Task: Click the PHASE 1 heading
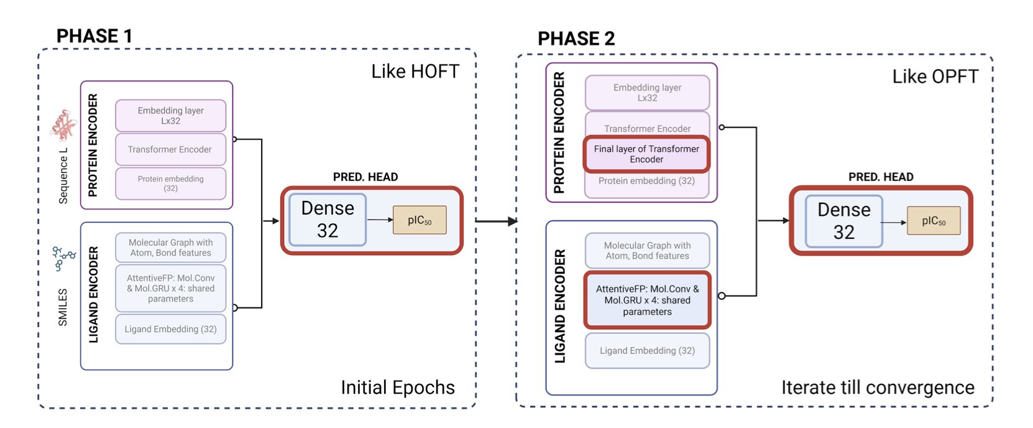tap(94, 36)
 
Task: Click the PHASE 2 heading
tap(576, 39)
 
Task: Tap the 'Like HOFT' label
tap(415, 72)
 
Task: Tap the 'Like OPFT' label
tap(935, 77)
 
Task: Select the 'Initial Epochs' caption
tap(397, 388)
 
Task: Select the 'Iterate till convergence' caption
tap(877, 388)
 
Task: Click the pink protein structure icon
tap(63, 126)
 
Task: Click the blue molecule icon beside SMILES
tap(63, 258)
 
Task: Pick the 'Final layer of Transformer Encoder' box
tap(646, 154)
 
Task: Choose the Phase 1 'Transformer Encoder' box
tap(170, 149)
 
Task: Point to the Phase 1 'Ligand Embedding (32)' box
tap(170, 329)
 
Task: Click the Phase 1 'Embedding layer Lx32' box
tap(170, 116)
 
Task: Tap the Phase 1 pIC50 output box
tap(420, 220)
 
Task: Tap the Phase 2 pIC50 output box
tap(933, 221)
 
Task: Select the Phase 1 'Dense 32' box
tap(328, 220)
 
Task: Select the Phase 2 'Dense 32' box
tap(843, 221)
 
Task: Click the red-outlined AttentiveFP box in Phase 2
tap(647, 300)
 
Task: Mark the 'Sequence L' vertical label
tap(63, 176)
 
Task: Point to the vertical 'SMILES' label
tap(63, 307)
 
